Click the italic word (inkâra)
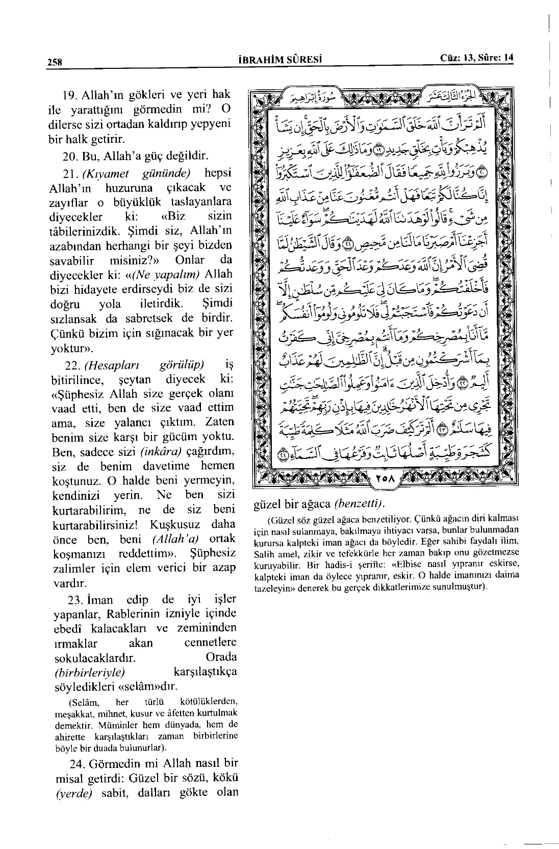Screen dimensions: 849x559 click(161, 452)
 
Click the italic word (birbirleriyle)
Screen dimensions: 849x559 click(90, 672)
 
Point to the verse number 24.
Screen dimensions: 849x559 click(77, 764)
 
